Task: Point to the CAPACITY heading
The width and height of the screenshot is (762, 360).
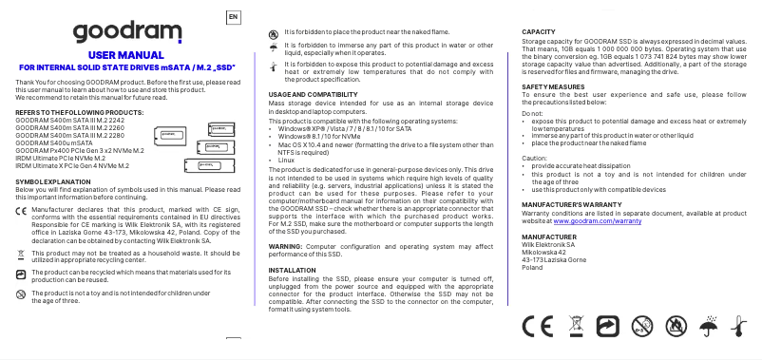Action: click(x=540, y=32)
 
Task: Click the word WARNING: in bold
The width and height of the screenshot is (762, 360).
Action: click(x=286, y=245)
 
